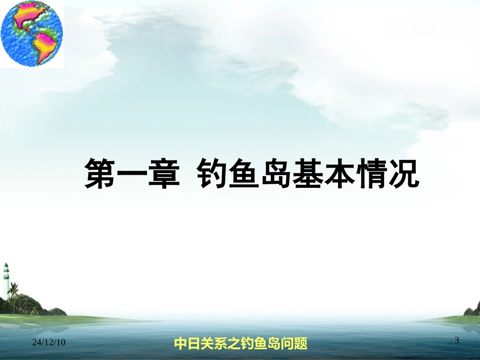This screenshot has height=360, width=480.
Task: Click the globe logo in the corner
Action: [32, 33]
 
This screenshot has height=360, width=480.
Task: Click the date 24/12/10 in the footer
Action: [49, 343]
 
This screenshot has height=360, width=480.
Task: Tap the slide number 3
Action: [457, 341]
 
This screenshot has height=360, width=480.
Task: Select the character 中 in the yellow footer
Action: [180, 344]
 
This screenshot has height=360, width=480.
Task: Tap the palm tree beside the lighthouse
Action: [14, 293]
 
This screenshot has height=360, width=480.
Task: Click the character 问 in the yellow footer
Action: [286, 344]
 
